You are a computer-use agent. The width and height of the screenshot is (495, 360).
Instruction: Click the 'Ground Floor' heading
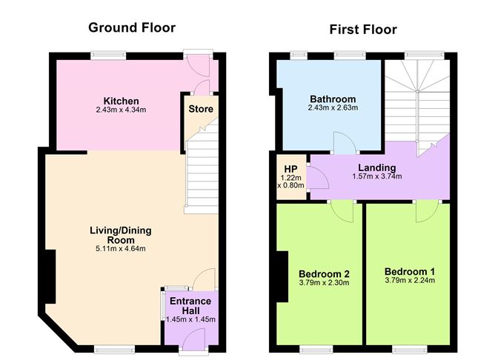[132, 28]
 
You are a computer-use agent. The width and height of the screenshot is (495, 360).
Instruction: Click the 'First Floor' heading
[363, 30]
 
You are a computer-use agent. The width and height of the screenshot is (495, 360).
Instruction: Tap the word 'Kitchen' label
[122, 101]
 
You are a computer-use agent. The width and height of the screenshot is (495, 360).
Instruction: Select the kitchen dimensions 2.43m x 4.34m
[122, 111]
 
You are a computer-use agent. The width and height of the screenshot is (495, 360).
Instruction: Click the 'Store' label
[201, 109]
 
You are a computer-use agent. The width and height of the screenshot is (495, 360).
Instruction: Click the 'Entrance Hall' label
[190, 305]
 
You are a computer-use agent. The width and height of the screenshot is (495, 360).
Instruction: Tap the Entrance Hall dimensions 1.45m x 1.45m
[190, 319]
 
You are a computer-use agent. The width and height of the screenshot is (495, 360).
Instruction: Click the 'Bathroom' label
[333, 99]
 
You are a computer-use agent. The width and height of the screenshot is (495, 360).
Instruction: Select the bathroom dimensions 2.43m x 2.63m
[333, 108]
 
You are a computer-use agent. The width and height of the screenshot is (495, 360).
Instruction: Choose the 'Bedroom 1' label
[410, 271]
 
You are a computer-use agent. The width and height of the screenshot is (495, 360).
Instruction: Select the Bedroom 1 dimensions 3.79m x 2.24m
[410, 281]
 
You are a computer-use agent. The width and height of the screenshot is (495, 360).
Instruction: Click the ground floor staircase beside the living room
[200, 178]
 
